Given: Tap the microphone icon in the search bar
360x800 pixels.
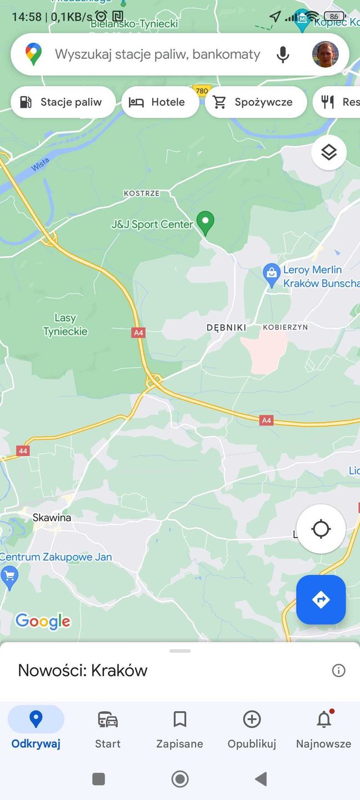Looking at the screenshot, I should point(283,54).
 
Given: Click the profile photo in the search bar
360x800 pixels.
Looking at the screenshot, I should point(325,54).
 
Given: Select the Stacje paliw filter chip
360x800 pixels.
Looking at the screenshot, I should point(63,102).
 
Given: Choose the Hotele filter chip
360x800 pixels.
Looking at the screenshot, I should point(159,102).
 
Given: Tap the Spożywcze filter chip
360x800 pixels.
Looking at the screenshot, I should point(256,102).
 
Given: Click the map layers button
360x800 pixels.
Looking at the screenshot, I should point(329,152).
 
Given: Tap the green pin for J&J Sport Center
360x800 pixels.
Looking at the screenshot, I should point(206,222).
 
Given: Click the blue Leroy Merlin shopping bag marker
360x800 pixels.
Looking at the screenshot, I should point(272,274).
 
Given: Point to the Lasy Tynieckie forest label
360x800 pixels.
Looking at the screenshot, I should point(66,325).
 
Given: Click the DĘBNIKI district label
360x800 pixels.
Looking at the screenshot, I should point(226,328).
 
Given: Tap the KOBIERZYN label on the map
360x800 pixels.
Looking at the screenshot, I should point(285,327).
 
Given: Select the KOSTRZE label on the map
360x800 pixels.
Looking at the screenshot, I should point(141,193).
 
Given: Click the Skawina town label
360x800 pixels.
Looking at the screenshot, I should point(52,518).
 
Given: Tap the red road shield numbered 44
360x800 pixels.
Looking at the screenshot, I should point(23,451).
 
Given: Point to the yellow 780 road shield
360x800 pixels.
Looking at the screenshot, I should point(202,91).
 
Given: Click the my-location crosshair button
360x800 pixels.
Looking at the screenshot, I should point(321,529).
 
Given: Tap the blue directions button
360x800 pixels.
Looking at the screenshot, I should point(321,599).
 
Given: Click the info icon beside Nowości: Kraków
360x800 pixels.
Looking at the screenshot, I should point(338,671).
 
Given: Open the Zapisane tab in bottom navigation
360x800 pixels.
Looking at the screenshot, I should point(179,729).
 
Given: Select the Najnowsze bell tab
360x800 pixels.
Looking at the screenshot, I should point(323,729).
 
